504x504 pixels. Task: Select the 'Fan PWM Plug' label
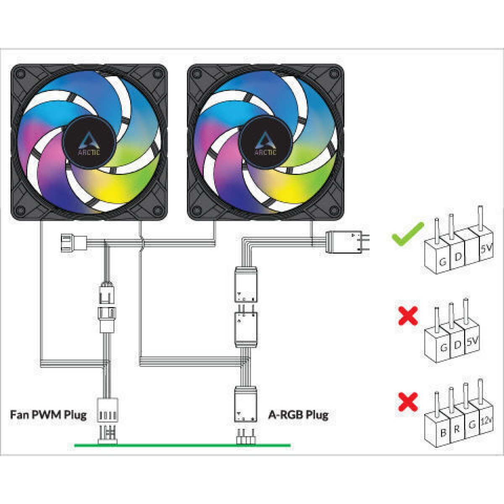pos(48,415)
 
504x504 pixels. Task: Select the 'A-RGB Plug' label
pos(298,415)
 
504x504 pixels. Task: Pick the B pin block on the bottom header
pos(443,430)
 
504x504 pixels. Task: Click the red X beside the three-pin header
pos(408,316)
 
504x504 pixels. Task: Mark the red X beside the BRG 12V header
pos(408,402)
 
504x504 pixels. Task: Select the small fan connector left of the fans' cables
pos(73,243)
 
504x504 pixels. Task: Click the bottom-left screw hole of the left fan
pos(21,209)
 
